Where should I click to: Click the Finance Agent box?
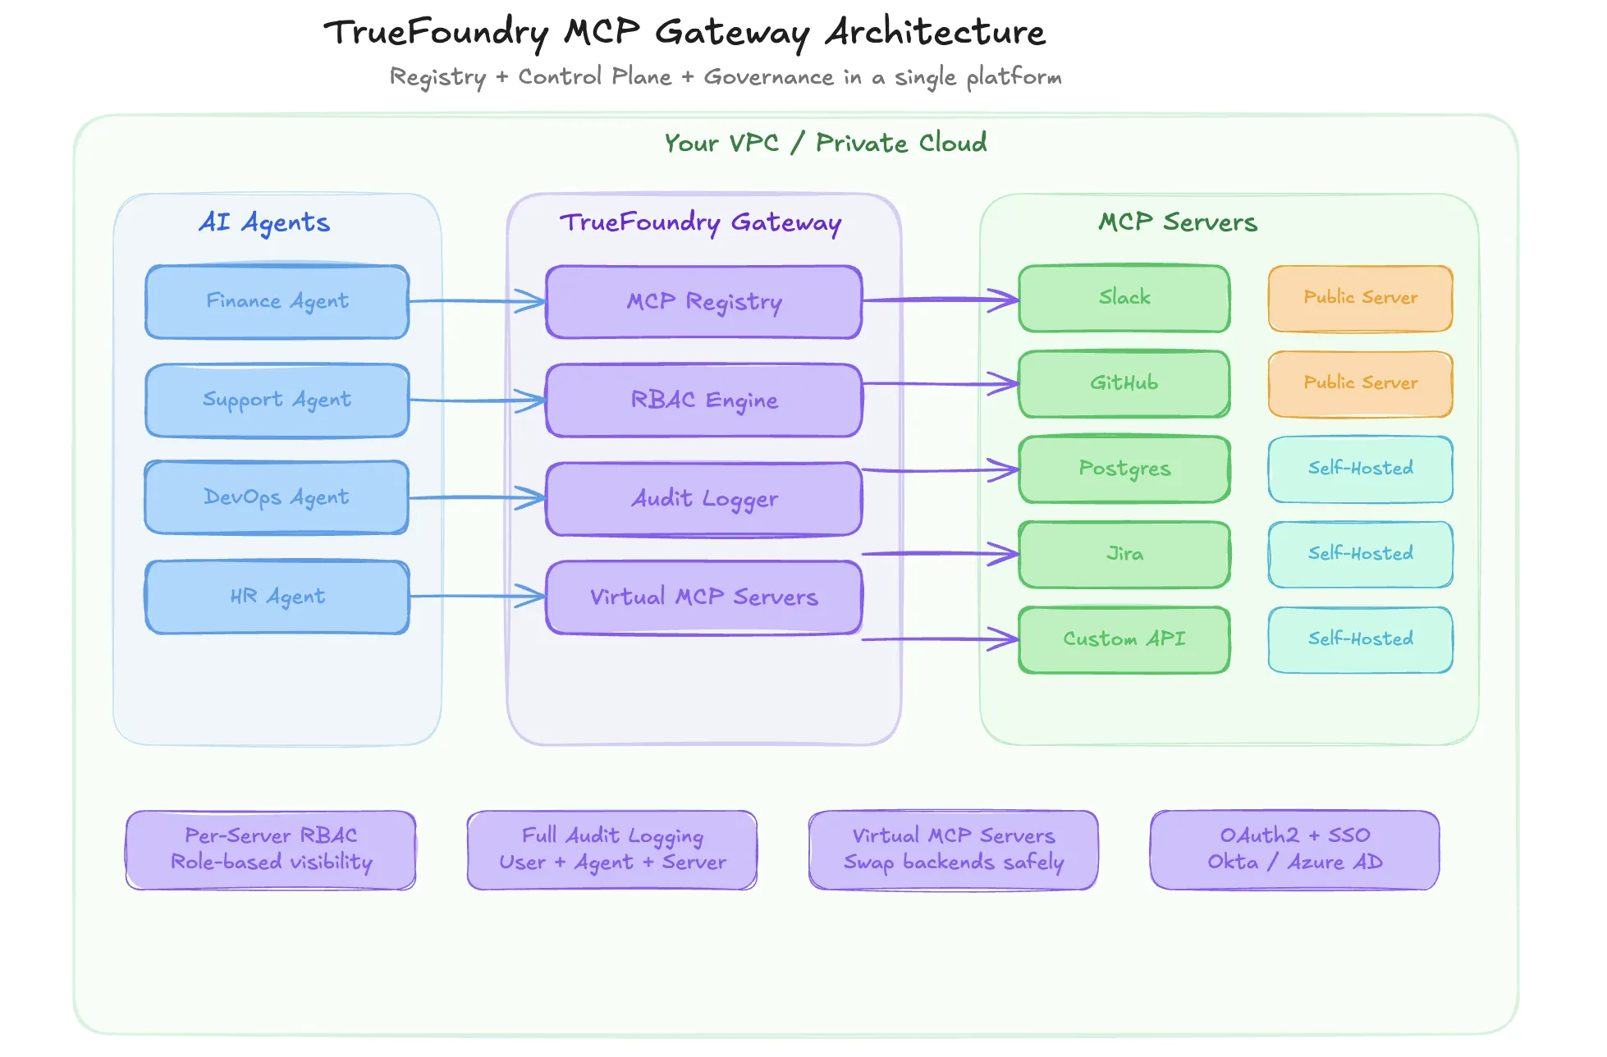pyautogui.click(x=277, y=301)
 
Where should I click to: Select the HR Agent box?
pyautogui.click(x=277, y=597)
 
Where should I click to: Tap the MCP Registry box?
pyautogui.click(x=703, y=301)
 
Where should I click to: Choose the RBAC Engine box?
pyautogui.click(x=703, y=400)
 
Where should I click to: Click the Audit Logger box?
pyautogui.click(x=703, y=498)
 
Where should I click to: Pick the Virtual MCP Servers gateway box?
pyautogui.click(x=703, y=597)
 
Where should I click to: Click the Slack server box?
pyautogui.click(x=1124, y=298)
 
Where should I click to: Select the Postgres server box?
pyautogui.click(x=1124, y=469)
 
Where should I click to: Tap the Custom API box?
pyautogui.click(x=1124, y=639)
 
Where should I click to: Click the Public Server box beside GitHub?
pyautogui.click(x=1360, y=383)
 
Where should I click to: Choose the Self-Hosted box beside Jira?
pyautogui.click(x=1360, y=554)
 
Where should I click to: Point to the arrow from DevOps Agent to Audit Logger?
pyautogui.click(x=476, y=497)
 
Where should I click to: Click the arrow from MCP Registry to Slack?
pyautogui.click(x=940, y=300)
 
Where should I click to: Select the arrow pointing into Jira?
pyautogui.click(x=940, y=553)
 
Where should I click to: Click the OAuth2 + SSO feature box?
pyautogui.click(x=1294, y=849)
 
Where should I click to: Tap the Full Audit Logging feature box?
pyautogui.click(x=612, y=849)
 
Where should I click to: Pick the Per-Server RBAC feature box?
pyautogui.click(x=271, y=849)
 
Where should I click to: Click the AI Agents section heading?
pyautogui.click(x=264, y=222)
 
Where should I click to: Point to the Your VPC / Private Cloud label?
pyautogui.click(x=825, y=143)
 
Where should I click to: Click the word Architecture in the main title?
pyautogui.click(x=935, y=33)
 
